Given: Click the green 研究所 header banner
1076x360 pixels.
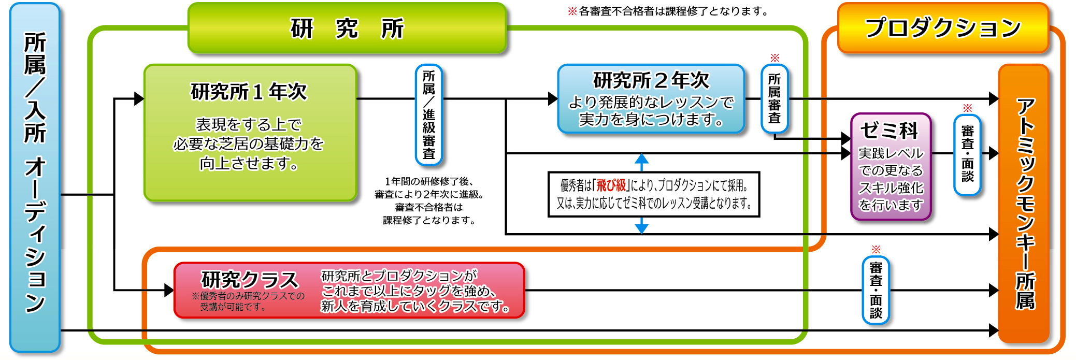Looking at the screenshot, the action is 347,28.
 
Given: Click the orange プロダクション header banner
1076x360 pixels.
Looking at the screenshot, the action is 943,28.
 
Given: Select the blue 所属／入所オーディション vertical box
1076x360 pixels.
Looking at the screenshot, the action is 35,178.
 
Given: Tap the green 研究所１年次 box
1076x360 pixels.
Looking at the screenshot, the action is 250,133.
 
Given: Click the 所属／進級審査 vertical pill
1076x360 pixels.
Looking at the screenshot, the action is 429,115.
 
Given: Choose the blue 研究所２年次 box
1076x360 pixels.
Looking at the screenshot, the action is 651,99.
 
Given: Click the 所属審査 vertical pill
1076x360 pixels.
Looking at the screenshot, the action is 774,98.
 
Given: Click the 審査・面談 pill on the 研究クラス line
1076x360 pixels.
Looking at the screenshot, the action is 876,291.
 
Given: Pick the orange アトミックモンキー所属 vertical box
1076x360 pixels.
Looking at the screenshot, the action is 1024,204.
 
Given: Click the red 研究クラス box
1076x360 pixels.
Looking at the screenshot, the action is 350,291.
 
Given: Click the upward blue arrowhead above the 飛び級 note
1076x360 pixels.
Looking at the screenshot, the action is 642,159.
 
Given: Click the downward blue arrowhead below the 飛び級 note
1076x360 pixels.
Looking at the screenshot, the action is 642,227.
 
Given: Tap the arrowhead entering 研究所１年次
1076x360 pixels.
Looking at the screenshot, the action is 139,98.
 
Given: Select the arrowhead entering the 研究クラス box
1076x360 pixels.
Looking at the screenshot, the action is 169,291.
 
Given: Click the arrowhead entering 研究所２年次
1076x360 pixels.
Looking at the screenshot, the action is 553,98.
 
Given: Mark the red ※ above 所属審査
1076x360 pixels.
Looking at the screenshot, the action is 774,57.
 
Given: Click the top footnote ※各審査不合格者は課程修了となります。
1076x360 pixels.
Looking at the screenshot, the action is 669,11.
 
